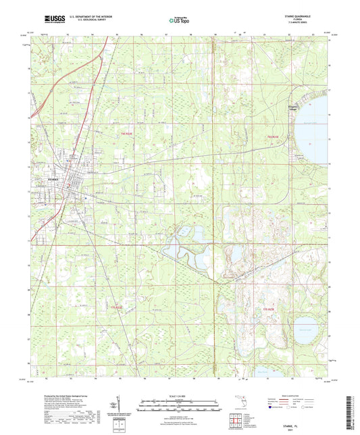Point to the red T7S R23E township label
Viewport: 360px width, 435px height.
269,309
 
